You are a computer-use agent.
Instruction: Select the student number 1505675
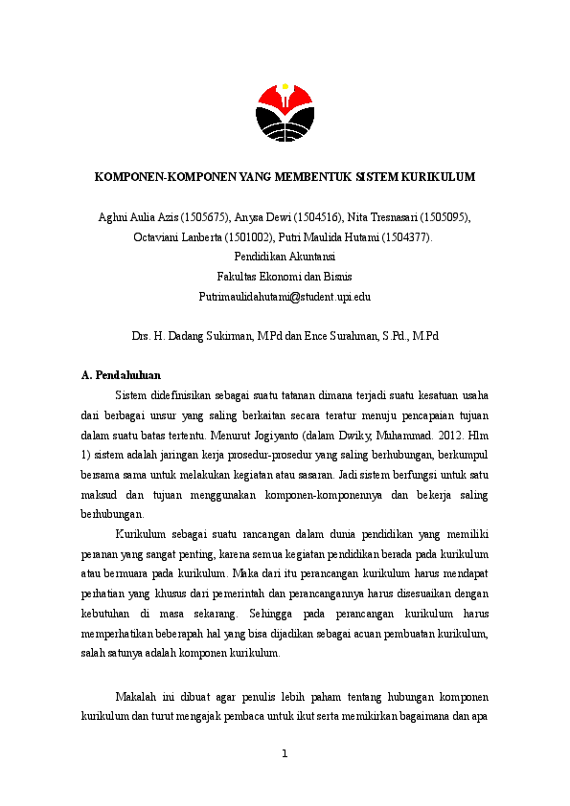[202, 218]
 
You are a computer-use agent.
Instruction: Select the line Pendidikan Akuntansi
[285, 257]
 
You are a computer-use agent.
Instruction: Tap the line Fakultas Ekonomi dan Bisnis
[285, 277]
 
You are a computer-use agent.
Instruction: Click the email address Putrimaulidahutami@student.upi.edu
[285, 297]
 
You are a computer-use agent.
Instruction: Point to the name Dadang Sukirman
[214, 336]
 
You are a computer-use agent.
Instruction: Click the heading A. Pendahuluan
[122, 375]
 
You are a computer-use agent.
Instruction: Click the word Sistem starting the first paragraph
[131, 395]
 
